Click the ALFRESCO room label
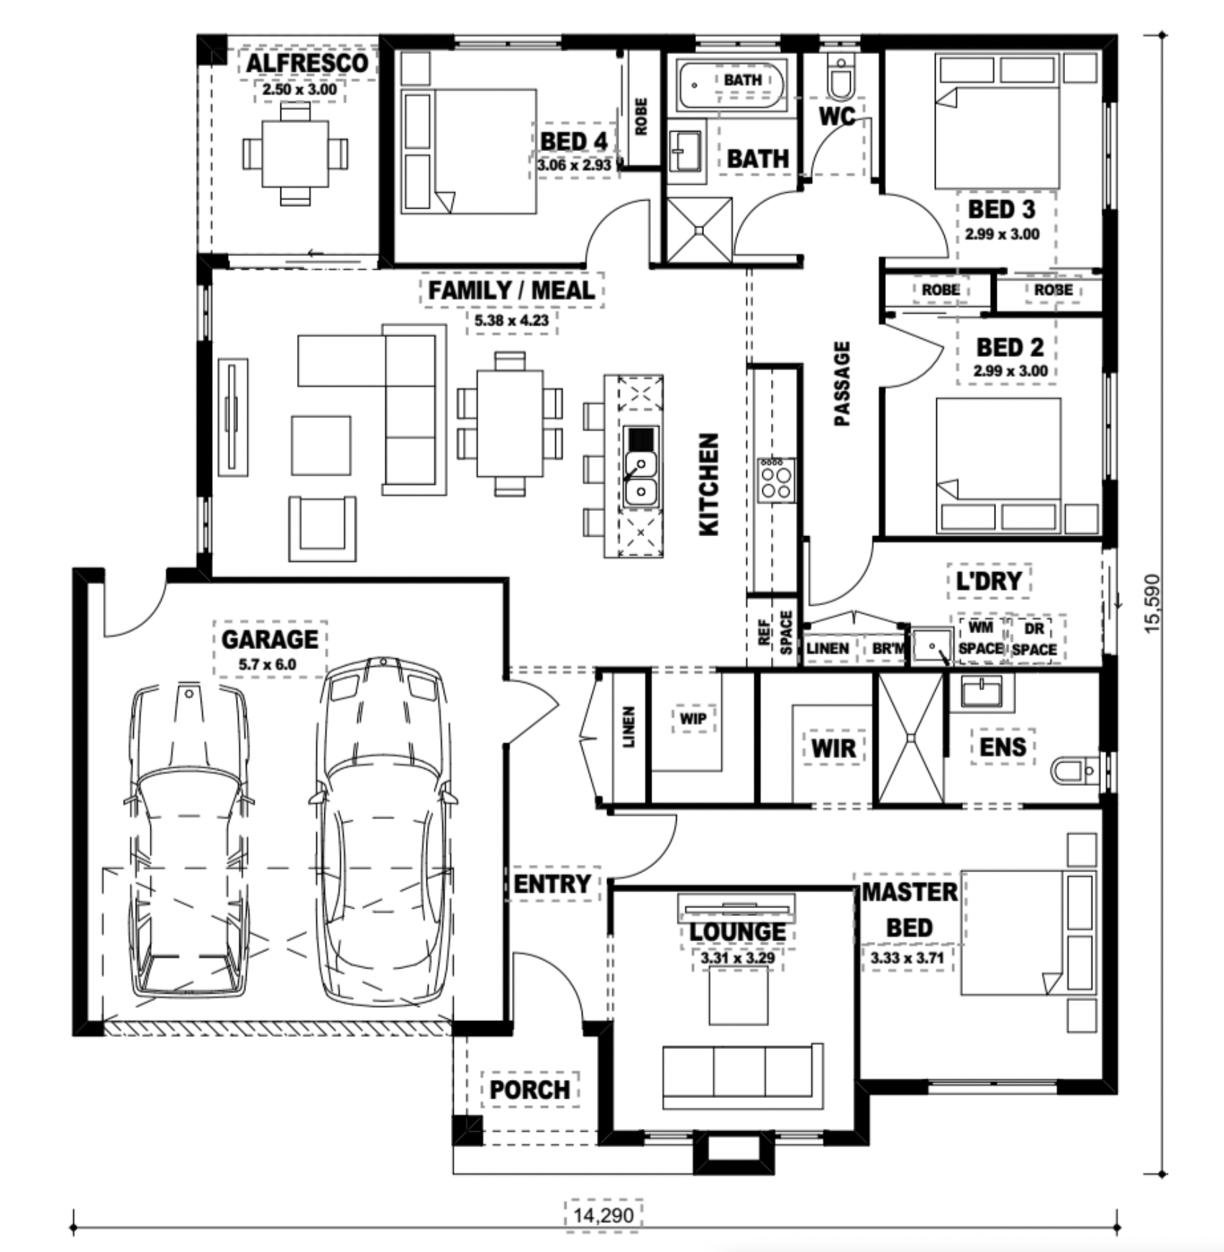click(307, 63)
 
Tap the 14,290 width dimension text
click(603, 1215)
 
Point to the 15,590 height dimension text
click(1152, 603)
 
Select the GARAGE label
click(270, 639)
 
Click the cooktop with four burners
click(776, 480)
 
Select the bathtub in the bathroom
click(731, 85)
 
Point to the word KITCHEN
click(709, 484)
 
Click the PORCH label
click(530, 1089)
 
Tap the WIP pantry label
click(693, 718)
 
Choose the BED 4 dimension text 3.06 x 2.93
click(574, 165)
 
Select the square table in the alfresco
click(295, 153)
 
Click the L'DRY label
click(989, 581)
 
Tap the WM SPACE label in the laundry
click(981, 638)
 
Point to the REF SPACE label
click(775, 632)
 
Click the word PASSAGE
click(842, 384)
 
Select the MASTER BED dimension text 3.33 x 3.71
click(906, 958)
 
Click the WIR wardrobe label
click(833, 748)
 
